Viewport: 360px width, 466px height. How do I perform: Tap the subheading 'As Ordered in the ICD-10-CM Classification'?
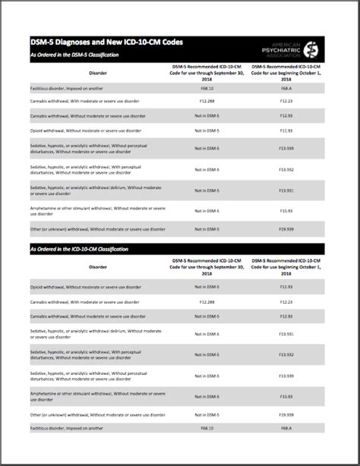click(x=79, y=249)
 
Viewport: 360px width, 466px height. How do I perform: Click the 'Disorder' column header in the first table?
click(x=97, y=74)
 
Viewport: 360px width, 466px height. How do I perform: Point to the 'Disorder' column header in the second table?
click(x=97, y=267)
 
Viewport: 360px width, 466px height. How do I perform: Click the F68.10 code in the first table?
click(x=206, y=89)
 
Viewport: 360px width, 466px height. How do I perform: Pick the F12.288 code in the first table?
click(x=206, y=101)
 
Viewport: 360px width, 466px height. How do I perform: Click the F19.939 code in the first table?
click(x=286, y=228)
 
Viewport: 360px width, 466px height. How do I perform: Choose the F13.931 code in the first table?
click(x=286, y=190)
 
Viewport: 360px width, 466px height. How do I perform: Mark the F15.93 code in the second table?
click(x=286, y=396)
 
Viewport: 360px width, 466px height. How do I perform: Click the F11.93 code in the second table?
click(x=286, y=287)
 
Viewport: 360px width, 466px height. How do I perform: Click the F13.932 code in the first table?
click(x=286, y=169)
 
